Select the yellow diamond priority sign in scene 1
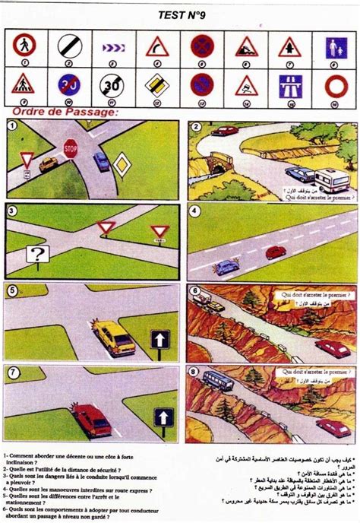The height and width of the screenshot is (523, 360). tap(122, 163)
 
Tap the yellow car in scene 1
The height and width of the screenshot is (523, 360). tap(49, 164)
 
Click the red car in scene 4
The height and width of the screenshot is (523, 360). tap(275, 251)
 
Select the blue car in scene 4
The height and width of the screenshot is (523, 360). tap(226, 267)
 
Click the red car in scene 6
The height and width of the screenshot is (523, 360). tap(332, 349)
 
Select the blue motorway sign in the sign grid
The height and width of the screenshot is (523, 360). tap(289, 84)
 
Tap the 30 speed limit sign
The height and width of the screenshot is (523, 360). tap(112, 84)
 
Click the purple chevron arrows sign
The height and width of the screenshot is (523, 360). tap(112, 48)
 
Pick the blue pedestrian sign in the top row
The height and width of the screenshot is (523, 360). tap(336, 48)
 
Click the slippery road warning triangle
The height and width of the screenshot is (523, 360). tap(246, 85)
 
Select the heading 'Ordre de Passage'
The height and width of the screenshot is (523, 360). tap(64, 112)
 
